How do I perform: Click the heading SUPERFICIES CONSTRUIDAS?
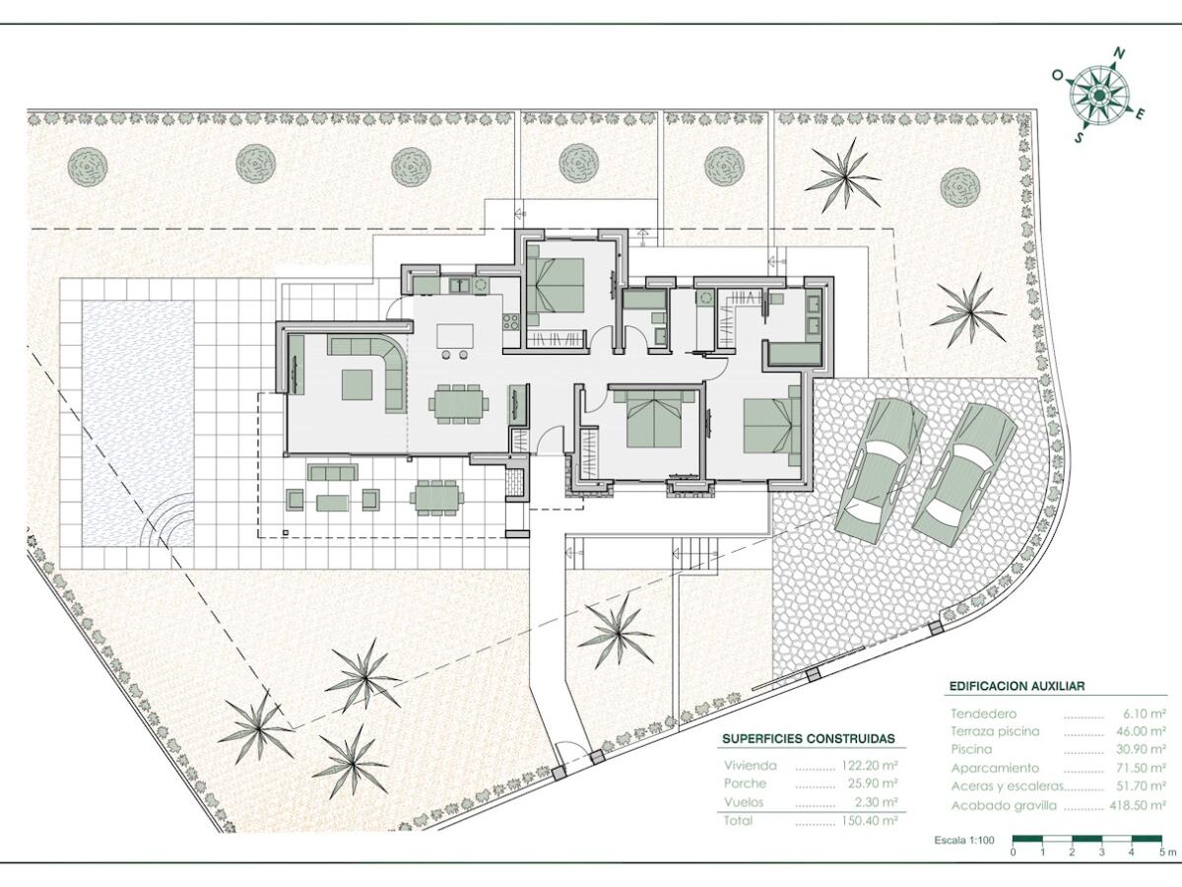[809, 738]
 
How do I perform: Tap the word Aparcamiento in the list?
[995, 768]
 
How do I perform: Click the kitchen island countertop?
[455, 337]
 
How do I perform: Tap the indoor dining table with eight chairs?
[459, 403]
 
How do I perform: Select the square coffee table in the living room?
[357, 384]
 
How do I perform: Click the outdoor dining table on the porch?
[436, 498]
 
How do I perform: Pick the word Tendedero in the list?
[983, 714]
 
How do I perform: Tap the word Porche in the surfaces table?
[745, 784]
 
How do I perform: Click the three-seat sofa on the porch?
[332, 472]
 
